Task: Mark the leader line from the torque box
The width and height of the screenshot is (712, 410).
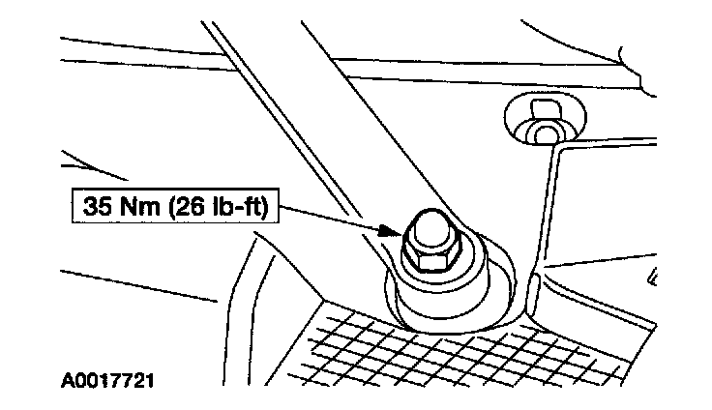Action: (329, 220)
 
